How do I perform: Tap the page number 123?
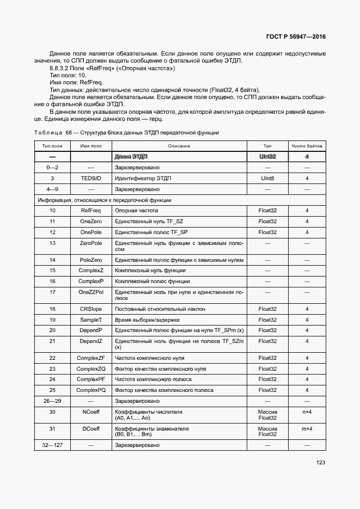[320, 463]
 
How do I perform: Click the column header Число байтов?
[307, 146]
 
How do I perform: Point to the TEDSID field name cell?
[91, 178]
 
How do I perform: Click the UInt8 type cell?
[267, 178]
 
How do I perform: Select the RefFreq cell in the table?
[91, 210]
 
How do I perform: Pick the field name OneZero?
[91, 221]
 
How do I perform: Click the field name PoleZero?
[91, 260]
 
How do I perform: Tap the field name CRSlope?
[91, 309]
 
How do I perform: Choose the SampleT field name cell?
[91, 320]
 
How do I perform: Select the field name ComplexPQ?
[91, 390]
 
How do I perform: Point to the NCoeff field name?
[91, 412]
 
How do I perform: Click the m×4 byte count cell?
[307, 429]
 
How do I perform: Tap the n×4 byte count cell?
[307, 412]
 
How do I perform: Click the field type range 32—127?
[52, 445]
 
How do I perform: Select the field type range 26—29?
[52, 401]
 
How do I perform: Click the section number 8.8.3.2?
[60, 69]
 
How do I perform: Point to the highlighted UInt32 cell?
[267, 157]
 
